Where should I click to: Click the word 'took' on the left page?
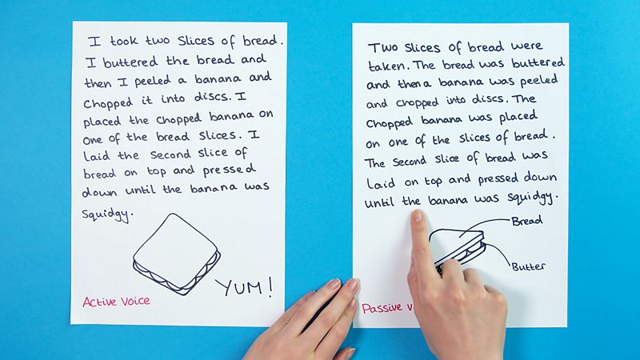coord(124,41)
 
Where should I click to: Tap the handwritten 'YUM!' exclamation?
coord(244,286)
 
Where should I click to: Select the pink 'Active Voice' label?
coord(116,302)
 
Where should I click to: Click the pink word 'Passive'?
coord(382,308)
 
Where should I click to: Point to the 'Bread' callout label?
coord(527,221)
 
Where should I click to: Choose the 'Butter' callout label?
coord(529,266)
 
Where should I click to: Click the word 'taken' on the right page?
coord(387,66)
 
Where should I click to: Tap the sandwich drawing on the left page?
coord(176,254)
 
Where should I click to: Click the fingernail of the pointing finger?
coord(417,215)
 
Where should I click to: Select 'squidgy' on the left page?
coord(106,214)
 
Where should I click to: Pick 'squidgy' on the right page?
coord(530,197)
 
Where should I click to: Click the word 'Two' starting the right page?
coord(383,48)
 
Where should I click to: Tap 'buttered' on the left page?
coord(130,62)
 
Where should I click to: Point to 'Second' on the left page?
coord(170,154)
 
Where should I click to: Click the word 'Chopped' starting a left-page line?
coord(108,103)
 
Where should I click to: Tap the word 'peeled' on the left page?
coord(152,82)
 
